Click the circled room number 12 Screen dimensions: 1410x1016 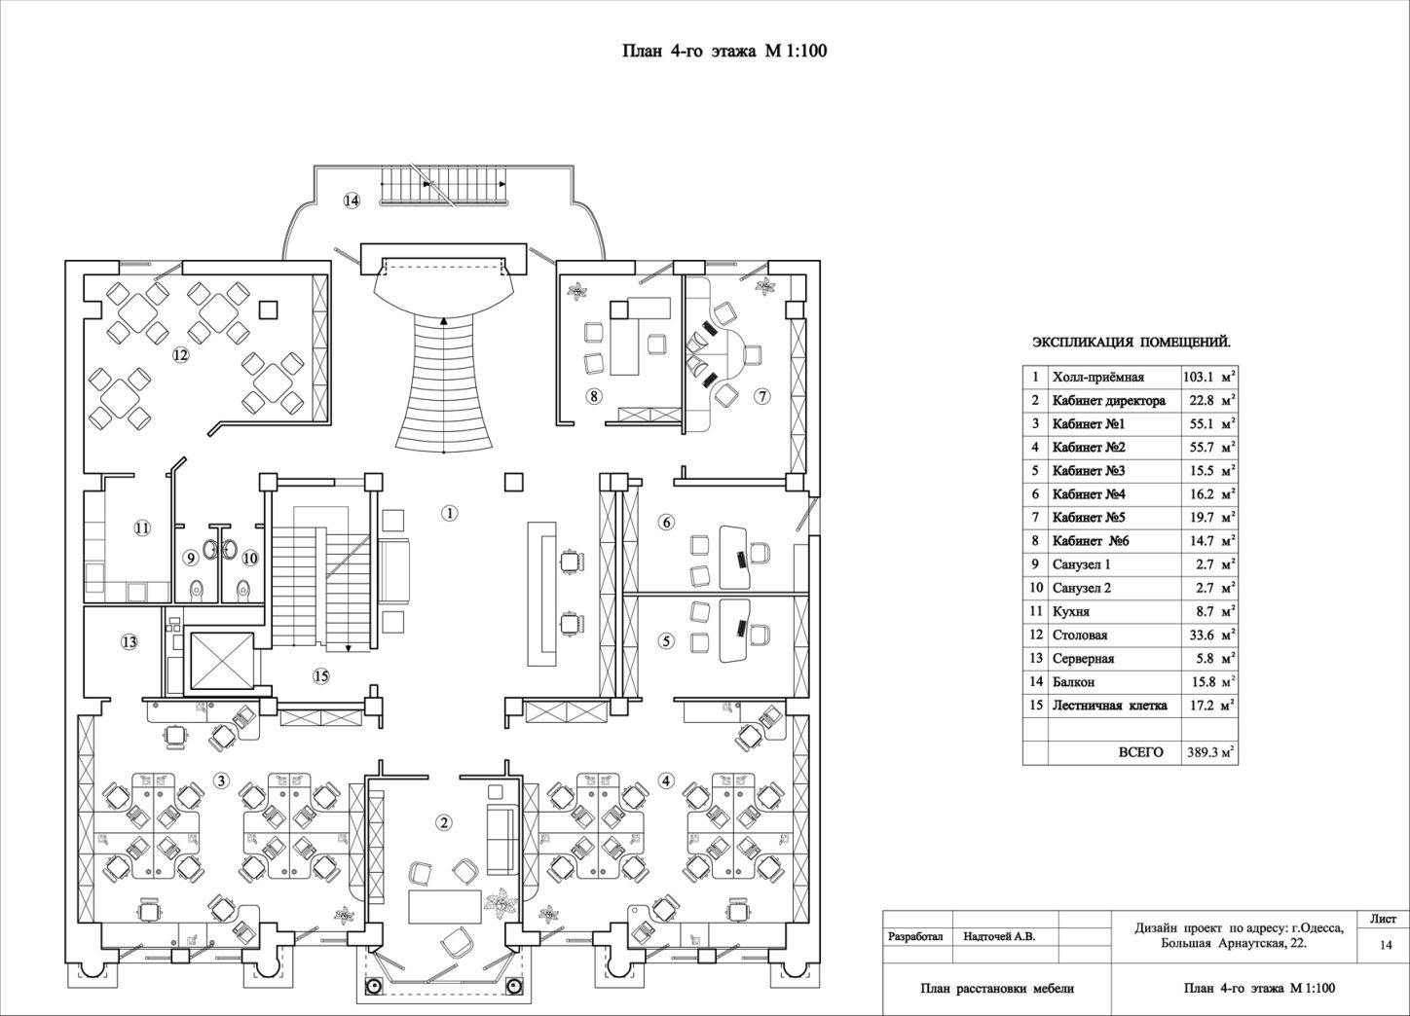point(181,355)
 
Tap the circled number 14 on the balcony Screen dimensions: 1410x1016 point(352,200)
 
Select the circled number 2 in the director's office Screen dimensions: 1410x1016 point(444,823)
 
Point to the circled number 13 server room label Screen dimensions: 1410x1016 point(130,642)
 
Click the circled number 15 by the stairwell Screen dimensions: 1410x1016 point(321,676)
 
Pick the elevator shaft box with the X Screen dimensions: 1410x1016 point(222,660)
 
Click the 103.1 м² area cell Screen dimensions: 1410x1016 point(1209,378)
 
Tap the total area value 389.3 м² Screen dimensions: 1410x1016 point(1209,752)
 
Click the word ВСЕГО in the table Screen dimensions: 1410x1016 point(1140,752)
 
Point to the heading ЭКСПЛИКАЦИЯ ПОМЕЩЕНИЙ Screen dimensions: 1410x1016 point(1132,343)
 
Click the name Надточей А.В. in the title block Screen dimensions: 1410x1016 point(999,937)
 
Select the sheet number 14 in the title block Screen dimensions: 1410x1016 point(1386,945)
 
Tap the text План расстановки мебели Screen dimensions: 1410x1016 point(997,989)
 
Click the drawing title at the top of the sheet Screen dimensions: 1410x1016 point(724,51)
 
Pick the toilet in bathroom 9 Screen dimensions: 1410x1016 point(197,588)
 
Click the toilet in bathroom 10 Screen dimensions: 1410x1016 point(243,588)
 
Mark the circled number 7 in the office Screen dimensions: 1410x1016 point(762,396)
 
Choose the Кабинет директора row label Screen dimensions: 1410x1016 point(1108,401)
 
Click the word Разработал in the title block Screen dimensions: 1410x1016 point(915,937)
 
